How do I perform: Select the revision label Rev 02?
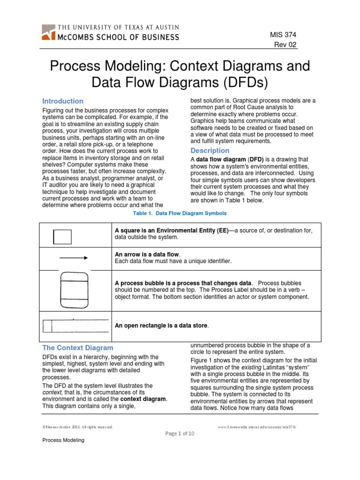pos(285,45)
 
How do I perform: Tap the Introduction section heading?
pos(63,101)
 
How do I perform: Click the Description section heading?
pos(210,150)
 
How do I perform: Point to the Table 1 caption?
pos(180,213)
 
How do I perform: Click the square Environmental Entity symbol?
pos(62,237)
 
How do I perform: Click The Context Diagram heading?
pos(78,348)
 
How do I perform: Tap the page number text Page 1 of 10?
pos(180,434)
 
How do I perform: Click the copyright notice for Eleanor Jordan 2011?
pos(77,427)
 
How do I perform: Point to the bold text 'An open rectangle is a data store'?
pos(161,325)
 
